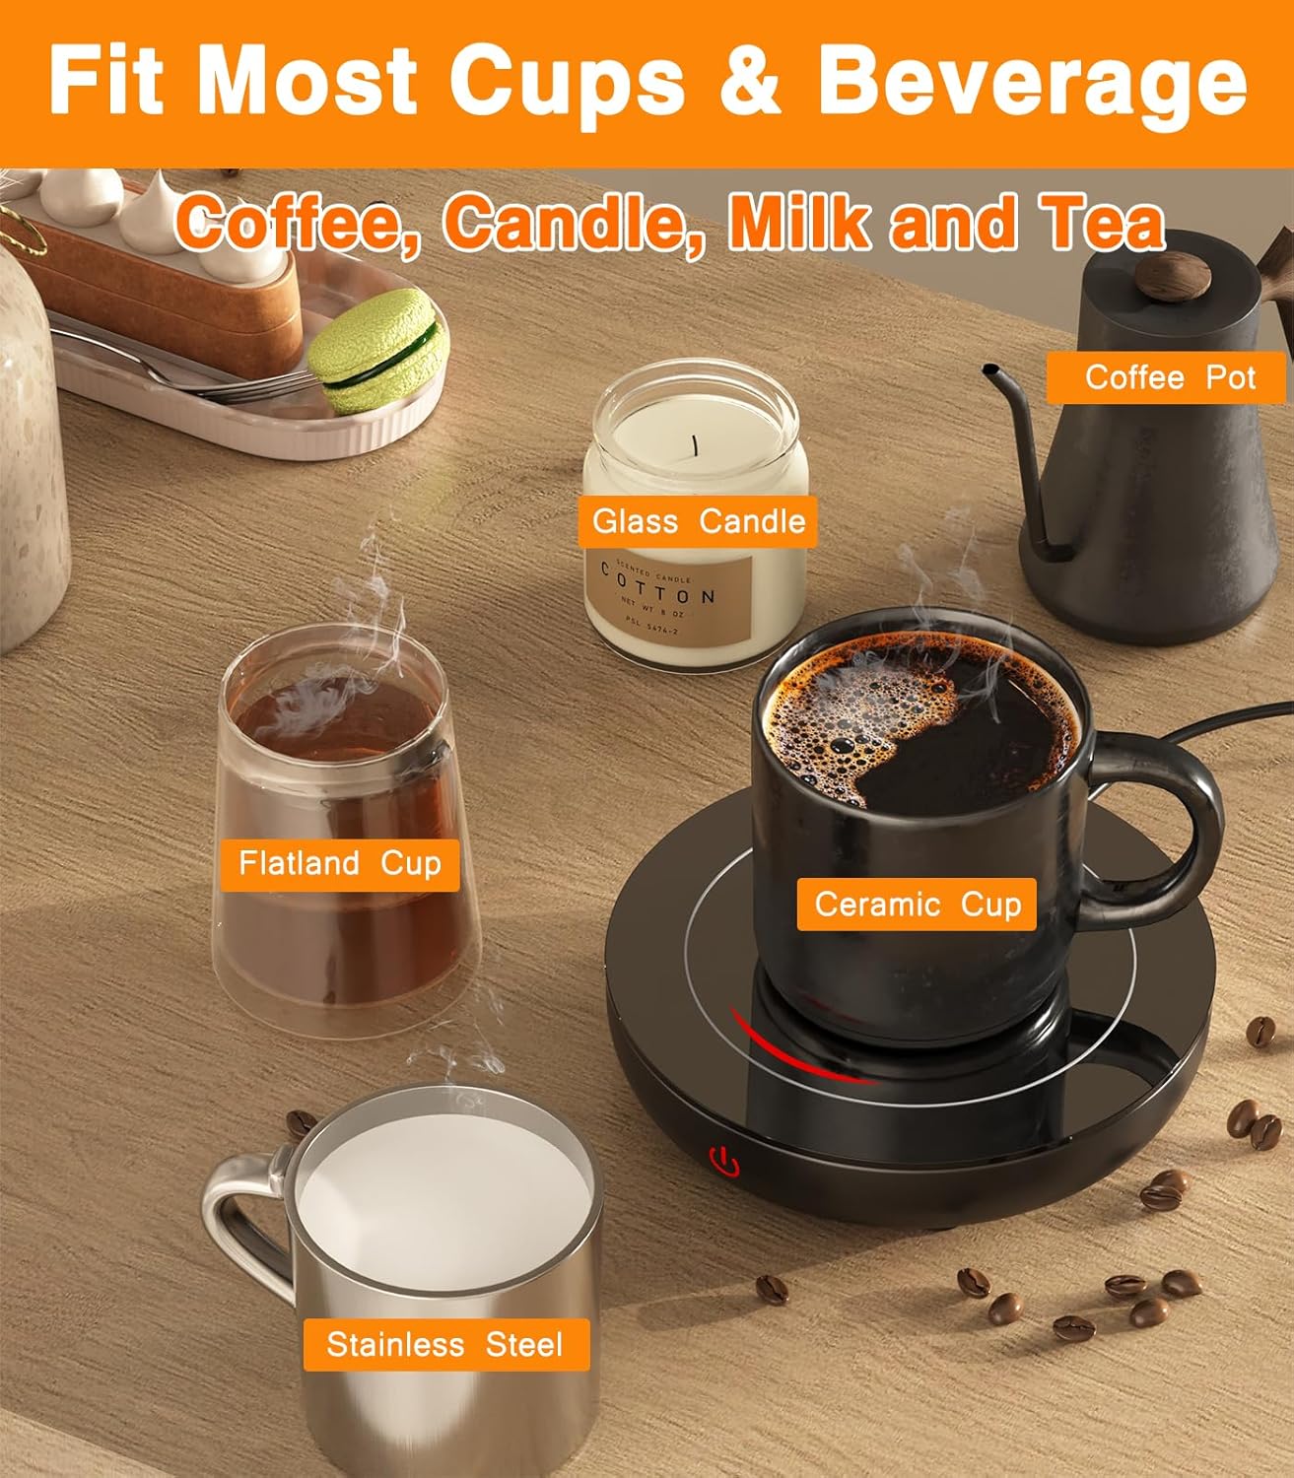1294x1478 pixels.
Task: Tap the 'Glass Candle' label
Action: click(x=699, y=520)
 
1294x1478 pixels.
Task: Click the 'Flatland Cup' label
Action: click(x=339, y=864)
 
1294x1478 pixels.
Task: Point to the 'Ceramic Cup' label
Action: click(x=917, y=904)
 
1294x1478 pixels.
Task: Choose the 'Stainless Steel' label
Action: click(x=444, y=1345)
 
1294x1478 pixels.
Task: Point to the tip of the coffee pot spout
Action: click(x=987, y=369)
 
